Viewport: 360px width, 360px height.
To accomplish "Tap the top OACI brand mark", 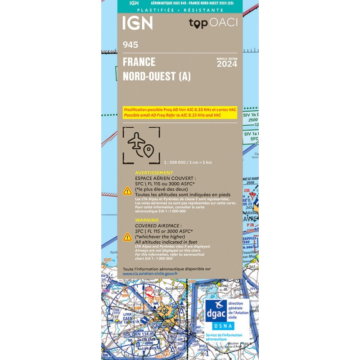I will tap(213, 23).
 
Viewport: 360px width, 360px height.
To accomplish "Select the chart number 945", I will tap(130, 45).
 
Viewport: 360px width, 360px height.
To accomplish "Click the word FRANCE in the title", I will tap(139, 62).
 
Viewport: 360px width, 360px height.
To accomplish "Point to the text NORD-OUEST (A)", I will tap(157, 76).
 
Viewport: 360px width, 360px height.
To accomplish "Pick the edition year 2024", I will tap(227, 64).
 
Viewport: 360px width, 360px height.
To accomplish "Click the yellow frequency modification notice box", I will tap(180, 112).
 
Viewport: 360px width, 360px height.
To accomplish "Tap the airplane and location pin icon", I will tap(141, 145).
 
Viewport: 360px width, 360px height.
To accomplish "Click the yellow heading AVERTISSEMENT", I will tap(154, 173).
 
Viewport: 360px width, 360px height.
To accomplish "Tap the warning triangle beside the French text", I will tap(128, 190).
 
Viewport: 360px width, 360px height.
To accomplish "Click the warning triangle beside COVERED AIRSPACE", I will tap(128, 237).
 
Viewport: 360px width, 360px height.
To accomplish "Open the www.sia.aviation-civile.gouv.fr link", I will tap(150, 274).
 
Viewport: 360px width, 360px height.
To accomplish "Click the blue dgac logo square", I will tap(216, 310).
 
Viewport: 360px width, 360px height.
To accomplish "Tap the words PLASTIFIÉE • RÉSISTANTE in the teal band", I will tap(180, 10).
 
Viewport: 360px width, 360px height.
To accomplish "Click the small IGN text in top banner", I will tap(134, 3).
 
